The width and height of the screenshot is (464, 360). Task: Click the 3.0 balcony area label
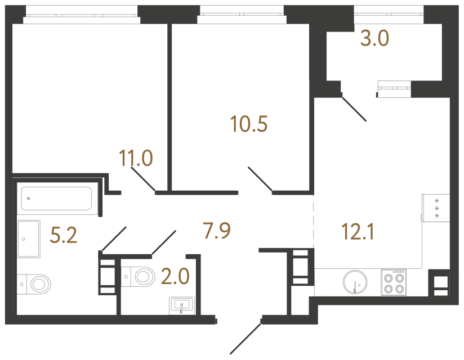pos(374,40)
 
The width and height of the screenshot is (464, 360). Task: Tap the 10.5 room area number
pos(249,123)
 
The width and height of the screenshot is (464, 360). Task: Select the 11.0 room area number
pos(136,159)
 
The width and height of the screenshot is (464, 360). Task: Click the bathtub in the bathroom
pos(56,198)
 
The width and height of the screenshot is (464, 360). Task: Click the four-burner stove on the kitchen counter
pos(394,282)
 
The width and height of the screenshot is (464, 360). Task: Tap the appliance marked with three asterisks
pos(436,209)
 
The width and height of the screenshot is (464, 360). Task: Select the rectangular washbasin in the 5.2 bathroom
pos(28,239)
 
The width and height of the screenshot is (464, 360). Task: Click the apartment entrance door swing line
pos(246,337)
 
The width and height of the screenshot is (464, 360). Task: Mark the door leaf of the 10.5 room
pos(260,179)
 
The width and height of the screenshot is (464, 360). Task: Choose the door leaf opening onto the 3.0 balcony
pos(354,109)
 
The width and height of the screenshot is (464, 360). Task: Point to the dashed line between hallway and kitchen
pos(313,222)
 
